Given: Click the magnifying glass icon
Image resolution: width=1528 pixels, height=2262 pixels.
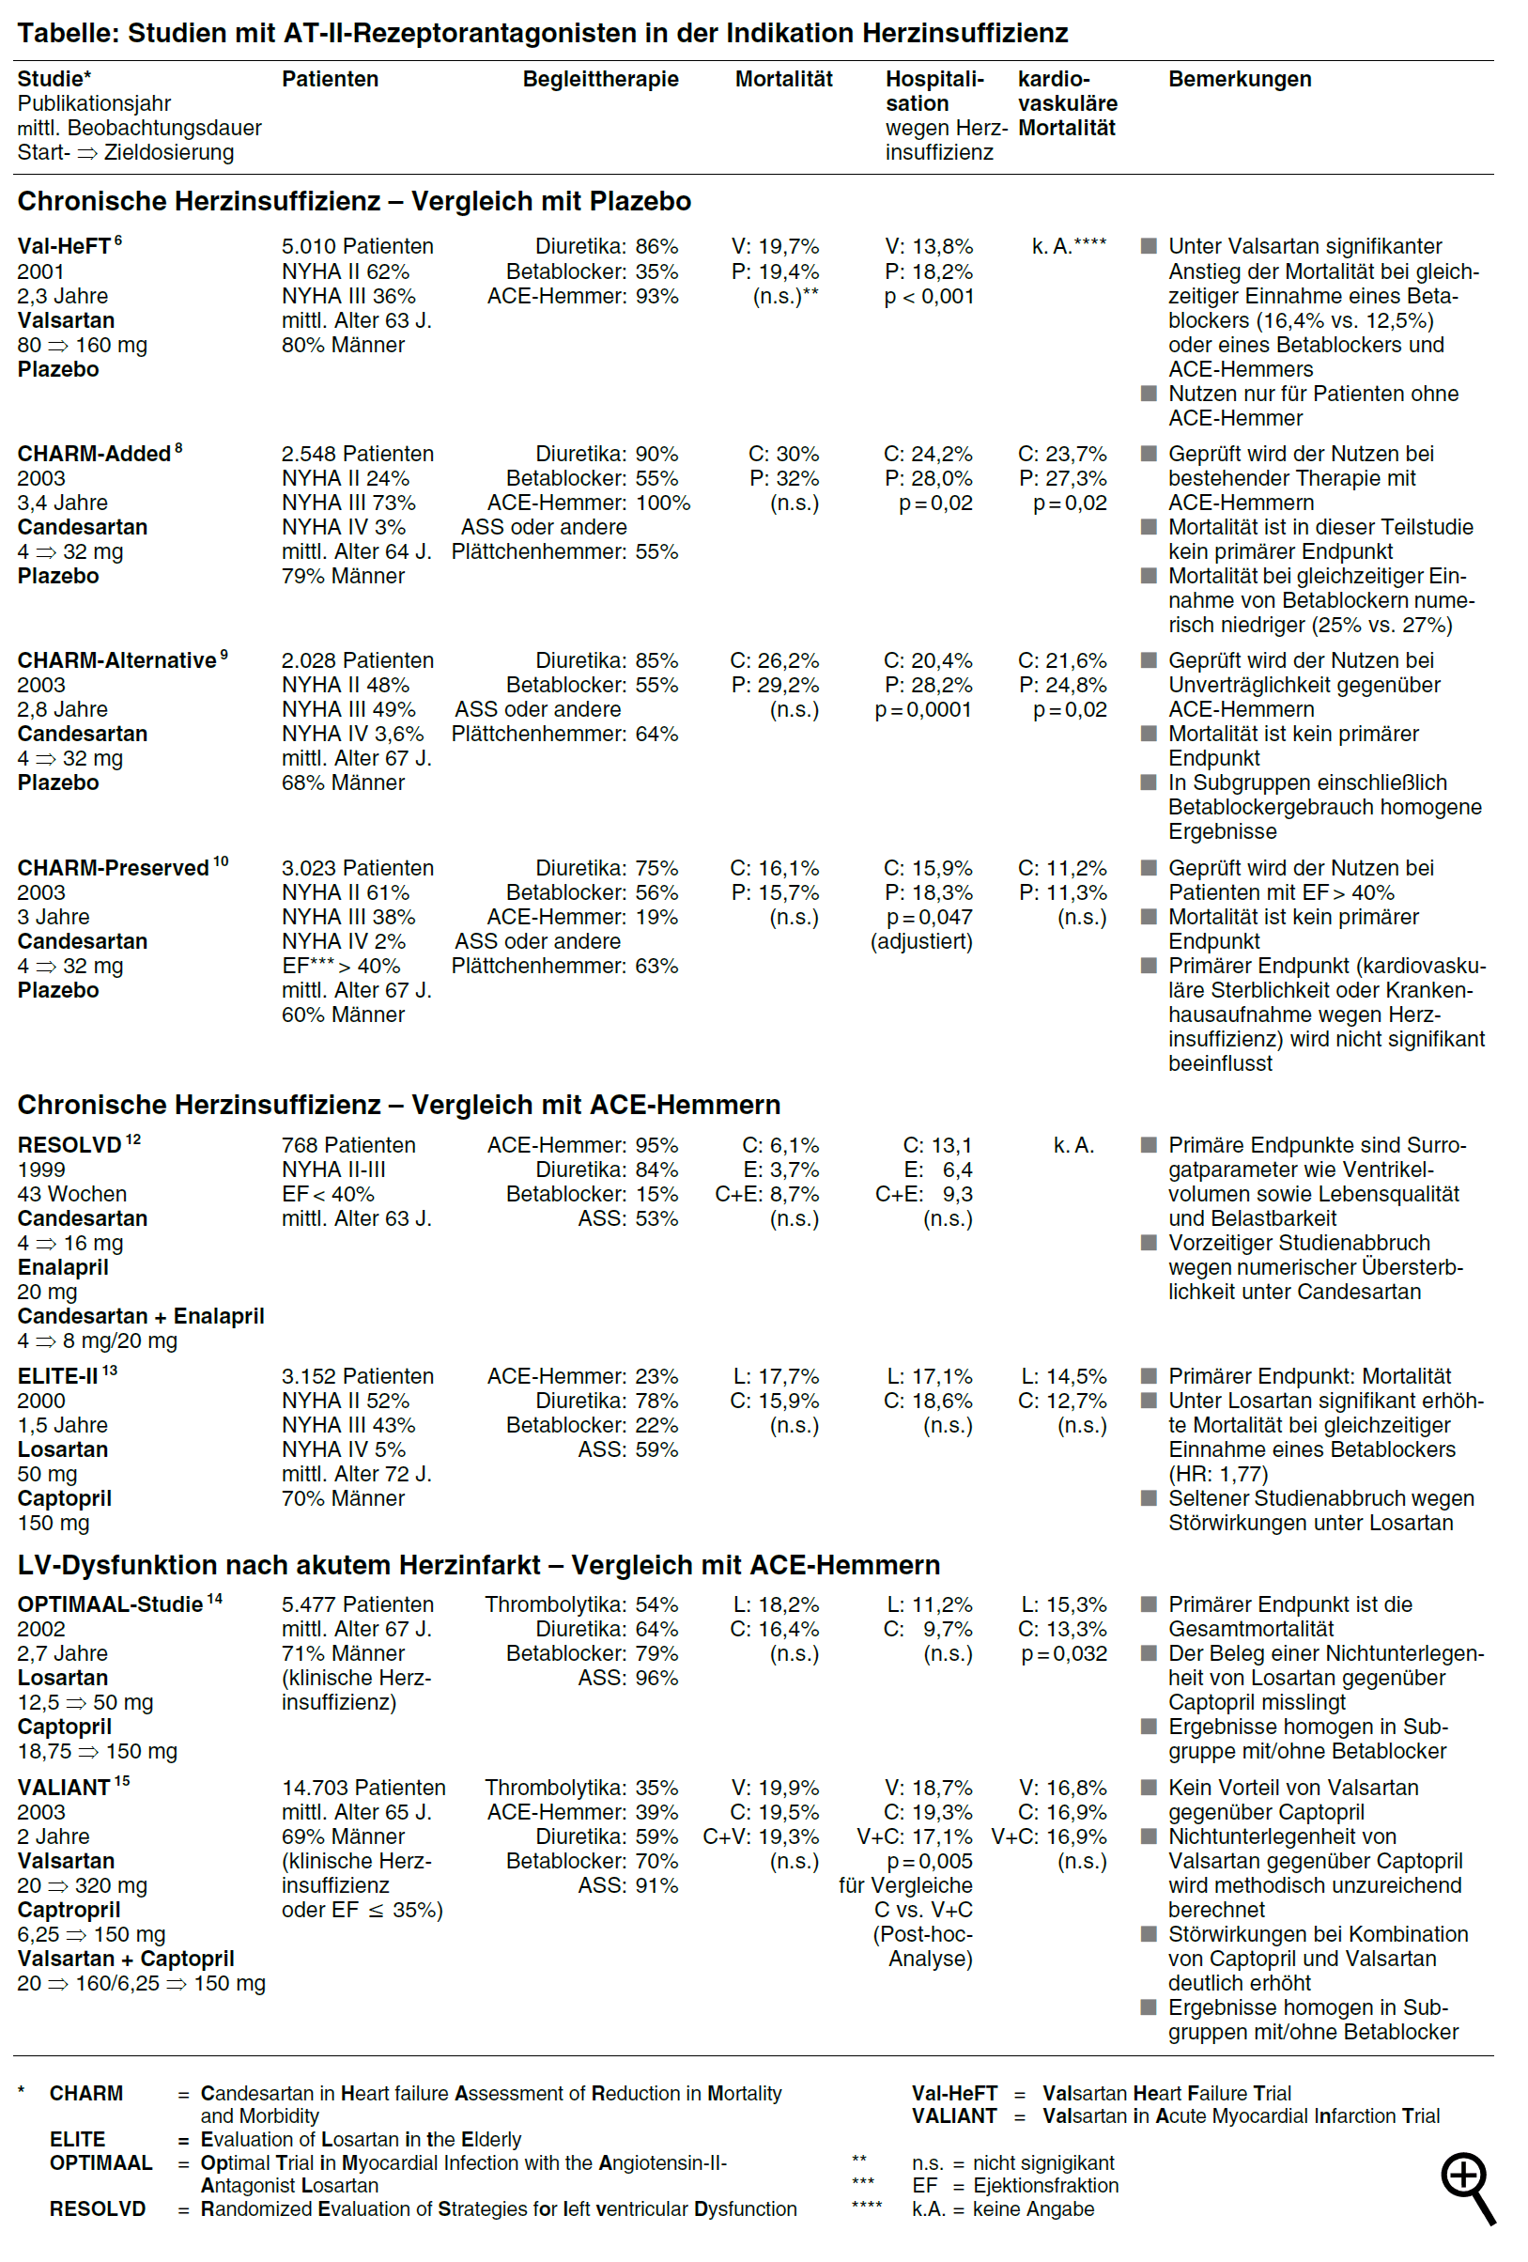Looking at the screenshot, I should [1466, 2186].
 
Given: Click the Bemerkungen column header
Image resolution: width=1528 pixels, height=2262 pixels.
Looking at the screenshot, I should [1239, 79].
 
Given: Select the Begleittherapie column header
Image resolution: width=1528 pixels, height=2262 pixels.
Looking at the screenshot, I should [599, 79].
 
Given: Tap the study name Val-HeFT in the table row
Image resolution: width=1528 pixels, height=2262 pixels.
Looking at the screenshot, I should [63, 246].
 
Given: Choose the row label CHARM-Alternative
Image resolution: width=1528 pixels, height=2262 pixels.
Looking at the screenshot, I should [116, 661].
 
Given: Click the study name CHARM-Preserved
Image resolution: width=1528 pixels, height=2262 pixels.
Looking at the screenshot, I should [112, 868].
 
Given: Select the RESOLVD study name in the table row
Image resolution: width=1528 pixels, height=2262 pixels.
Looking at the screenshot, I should [69, 1146].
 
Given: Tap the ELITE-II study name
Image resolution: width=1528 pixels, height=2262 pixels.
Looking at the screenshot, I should [57, 1376].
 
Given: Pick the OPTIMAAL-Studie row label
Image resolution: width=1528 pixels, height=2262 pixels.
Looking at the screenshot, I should [109, 1605].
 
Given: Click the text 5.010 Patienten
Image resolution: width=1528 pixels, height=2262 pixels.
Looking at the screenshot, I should [357, 246].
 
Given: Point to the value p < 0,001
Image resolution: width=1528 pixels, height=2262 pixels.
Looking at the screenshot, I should [929, 296].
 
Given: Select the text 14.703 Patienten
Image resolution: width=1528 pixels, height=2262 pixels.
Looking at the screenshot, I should [363, 1788].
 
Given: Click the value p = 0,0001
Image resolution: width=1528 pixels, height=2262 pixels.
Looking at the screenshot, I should [922, 709].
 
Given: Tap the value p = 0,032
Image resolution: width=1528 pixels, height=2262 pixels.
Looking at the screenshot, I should [1064, 1653].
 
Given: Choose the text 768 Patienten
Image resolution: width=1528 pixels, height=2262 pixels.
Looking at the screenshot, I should [347, 1146].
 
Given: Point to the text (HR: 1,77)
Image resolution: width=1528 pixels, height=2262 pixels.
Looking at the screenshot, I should [1217, 1474].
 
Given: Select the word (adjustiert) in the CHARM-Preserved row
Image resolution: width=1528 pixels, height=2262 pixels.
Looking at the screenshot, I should [920, 941].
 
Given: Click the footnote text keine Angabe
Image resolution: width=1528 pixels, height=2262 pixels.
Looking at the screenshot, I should [1033, 2209].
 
